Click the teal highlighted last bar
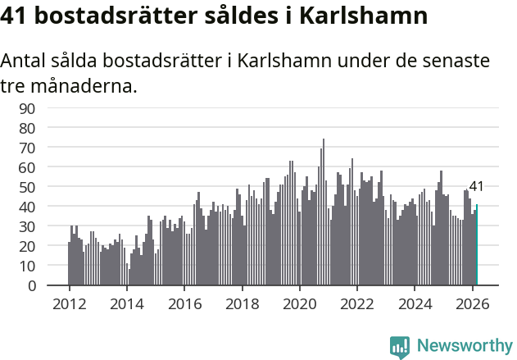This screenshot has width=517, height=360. (477, 245)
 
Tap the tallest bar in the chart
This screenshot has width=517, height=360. (323, 213)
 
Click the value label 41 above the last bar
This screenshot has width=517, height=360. (476, 187)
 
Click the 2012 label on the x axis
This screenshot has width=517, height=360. (69, 303)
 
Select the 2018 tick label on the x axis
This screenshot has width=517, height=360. (242, 303)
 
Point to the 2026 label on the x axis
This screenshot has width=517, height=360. (472, 303)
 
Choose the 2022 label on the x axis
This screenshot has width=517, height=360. (357, 303)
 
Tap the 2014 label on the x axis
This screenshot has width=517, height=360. (126, 303)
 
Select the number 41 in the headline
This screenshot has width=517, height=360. (20, 16)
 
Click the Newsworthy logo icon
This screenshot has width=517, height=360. (400, 346)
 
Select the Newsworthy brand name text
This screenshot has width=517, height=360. (464, 346)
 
